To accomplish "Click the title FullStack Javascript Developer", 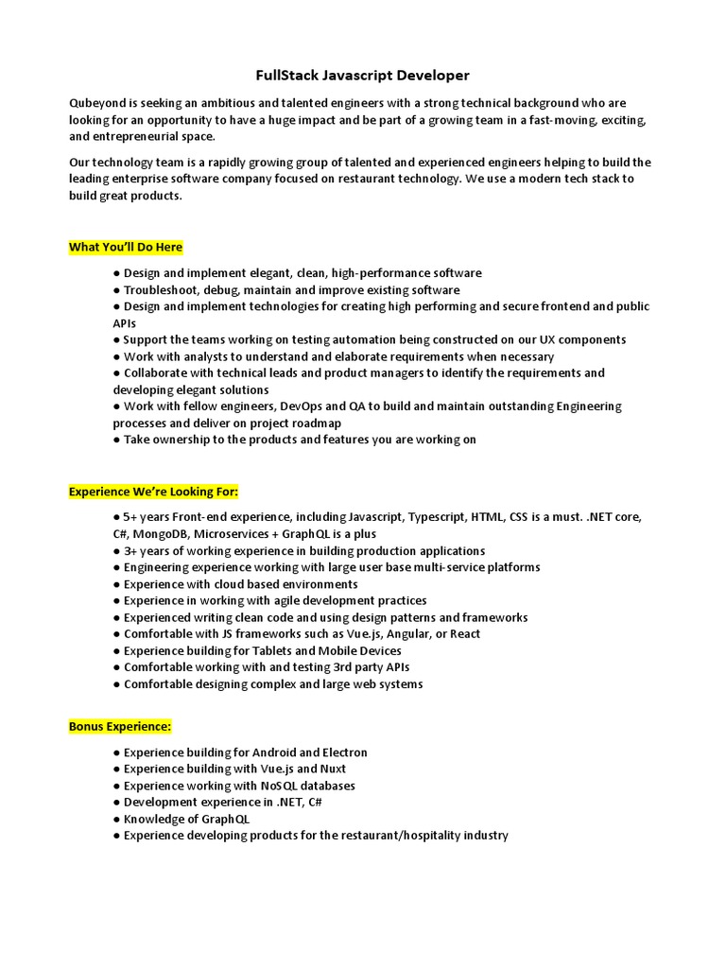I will (363, 75).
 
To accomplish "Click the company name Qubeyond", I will (96, 103).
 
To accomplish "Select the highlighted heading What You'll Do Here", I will (126, 248).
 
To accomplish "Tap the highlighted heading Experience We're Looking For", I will (153, 493).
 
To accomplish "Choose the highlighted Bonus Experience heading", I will (120, 727).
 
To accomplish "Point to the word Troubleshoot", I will (162, 290).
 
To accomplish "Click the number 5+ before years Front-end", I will (131, 518).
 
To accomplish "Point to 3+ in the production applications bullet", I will (131, 551).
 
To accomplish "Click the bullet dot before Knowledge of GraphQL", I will (116, 820).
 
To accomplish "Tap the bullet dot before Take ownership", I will (116, 440).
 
